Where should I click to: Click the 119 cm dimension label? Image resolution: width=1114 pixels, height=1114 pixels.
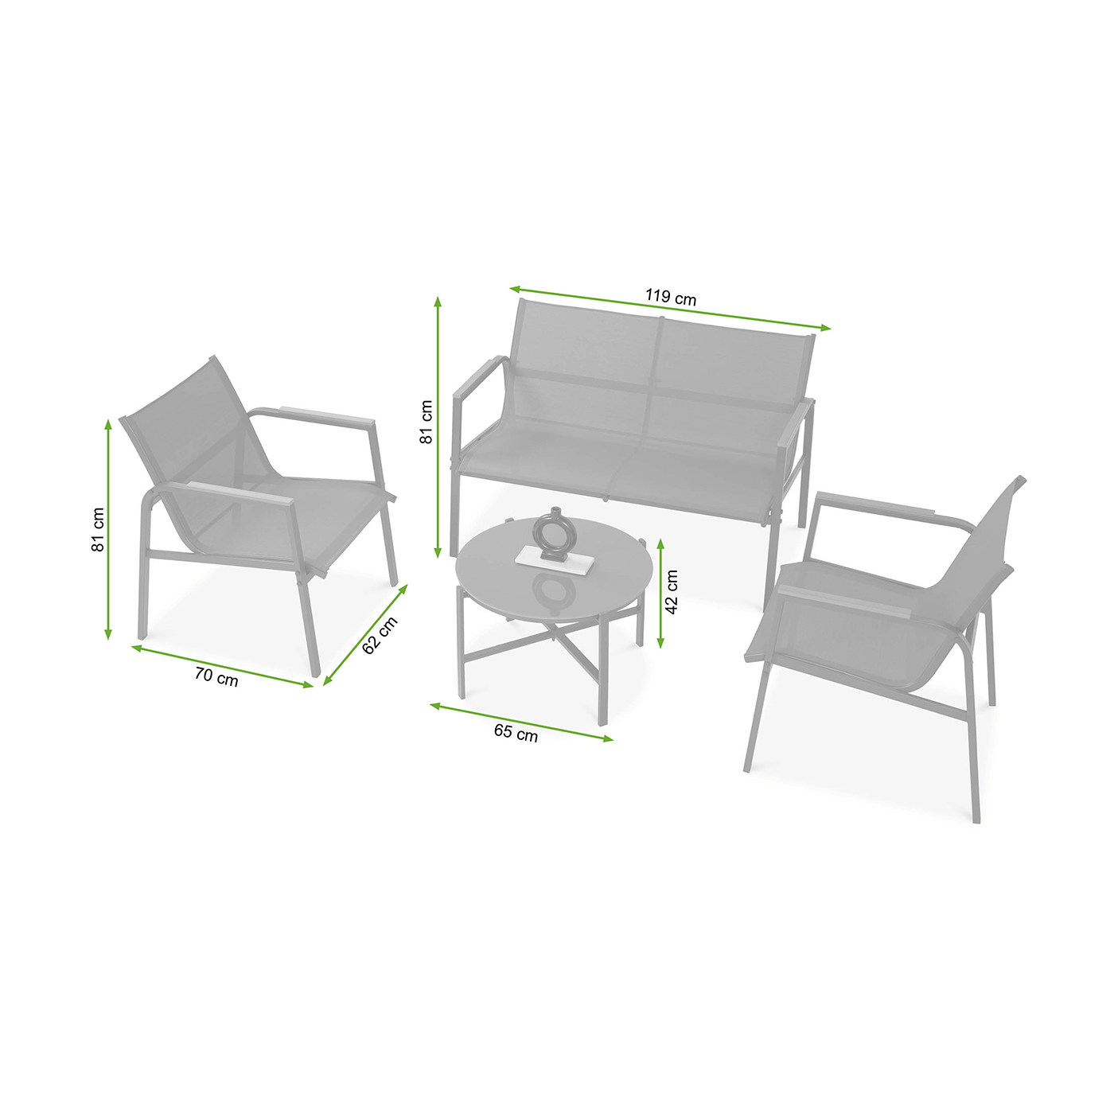(x=671, y=297)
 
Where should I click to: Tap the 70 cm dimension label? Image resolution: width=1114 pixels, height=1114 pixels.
(x=216, y=676)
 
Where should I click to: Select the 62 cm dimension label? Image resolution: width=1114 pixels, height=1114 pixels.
(x=380, y=636)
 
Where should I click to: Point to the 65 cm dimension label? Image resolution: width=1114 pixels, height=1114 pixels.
(x=516, y=733)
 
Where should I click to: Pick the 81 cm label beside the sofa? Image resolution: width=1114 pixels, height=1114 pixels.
(x=426, y=422)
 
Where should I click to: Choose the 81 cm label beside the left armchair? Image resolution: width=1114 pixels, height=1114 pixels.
(x=99, y=529)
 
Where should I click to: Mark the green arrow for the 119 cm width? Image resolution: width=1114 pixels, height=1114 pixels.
(x=670, y=308)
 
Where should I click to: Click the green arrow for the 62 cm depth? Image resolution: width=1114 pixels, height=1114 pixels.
(x=365, y=635)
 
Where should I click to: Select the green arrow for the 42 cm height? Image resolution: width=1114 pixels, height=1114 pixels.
(x=660, y=593)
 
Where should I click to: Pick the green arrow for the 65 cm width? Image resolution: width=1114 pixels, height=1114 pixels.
(x=521, y=722)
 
